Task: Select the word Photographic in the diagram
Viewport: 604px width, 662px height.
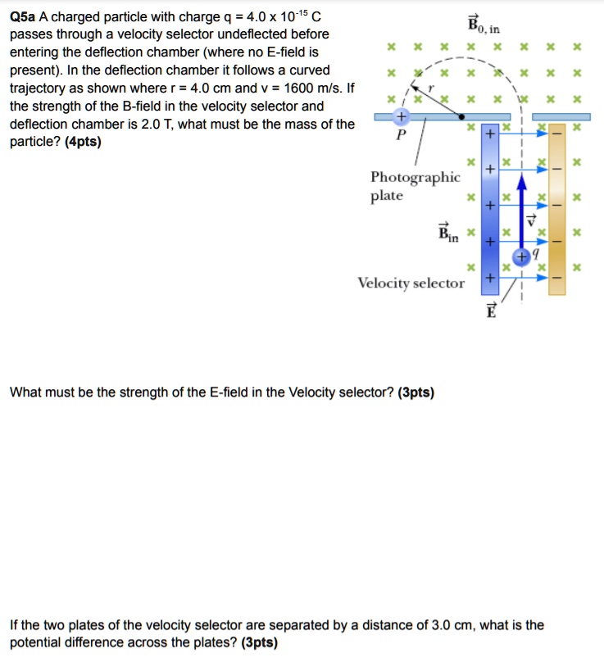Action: tap(415, 178)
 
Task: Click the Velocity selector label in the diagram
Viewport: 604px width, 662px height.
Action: tap(411, 283)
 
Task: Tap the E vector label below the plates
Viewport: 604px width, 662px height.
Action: tap(491, 310)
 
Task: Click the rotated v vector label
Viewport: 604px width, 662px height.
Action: tap(530, 220)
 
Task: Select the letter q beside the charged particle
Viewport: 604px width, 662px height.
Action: tap(535, 254)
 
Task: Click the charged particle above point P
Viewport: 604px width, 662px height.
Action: tap(401, 117)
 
